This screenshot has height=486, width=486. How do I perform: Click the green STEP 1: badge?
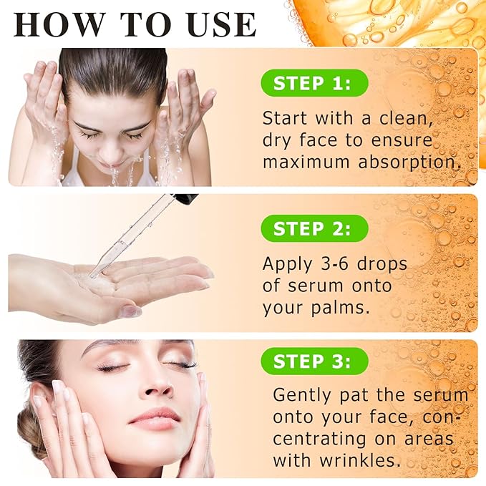(x=315, y=83)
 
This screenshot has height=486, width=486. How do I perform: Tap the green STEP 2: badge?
(x=315, y=228)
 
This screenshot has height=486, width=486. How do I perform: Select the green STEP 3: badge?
(x=315, y=361)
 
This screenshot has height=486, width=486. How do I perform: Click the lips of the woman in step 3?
(x=155, y=419)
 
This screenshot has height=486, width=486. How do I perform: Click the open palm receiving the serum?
(x=115, y=283)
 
